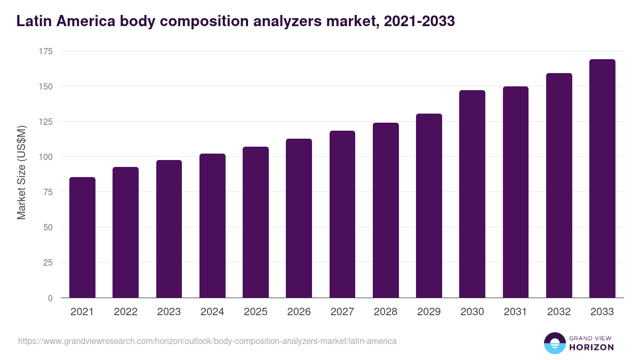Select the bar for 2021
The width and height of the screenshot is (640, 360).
[x=82, y=238]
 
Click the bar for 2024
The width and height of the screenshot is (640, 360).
[x=212, y=226]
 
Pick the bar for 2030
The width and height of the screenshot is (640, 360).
[x=472, y=194]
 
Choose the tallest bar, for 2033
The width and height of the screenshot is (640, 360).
[x=602, y=179]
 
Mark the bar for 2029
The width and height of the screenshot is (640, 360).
[x=429, y=206]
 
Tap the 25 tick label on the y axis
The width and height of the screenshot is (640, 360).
[x=48, y=262]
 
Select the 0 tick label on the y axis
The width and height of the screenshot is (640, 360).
[x=50, y=298]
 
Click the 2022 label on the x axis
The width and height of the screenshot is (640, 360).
[x=125, y=312]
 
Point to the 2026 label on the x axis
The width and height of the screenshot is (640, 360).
[x=299, y=312]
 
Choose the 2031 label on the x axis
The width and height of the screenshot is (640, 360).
[x=515, y=312]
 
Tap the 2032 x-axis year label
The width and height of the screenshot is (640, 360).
[x=559, y=312]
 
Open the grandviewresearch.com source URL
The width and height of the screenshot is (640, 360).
[x=207, y=341]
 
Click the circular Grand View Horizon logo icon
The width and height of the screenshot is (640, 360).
[x=554, y=343]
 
